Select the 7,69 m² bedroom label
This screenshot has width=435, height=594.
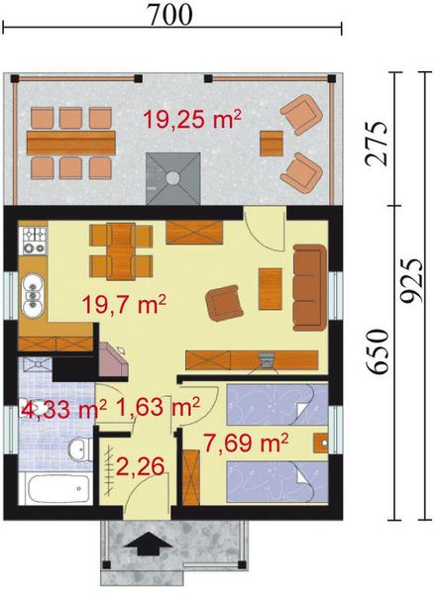point(246,440)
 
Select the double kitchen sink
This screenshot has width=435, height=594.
point(34,289)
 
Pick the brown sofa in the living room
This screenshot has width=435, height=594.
point(309,286)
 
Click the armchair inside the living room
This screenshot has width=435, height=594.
point(225,302)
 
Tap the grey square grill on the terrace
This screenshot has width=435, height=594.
point(173,175)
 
